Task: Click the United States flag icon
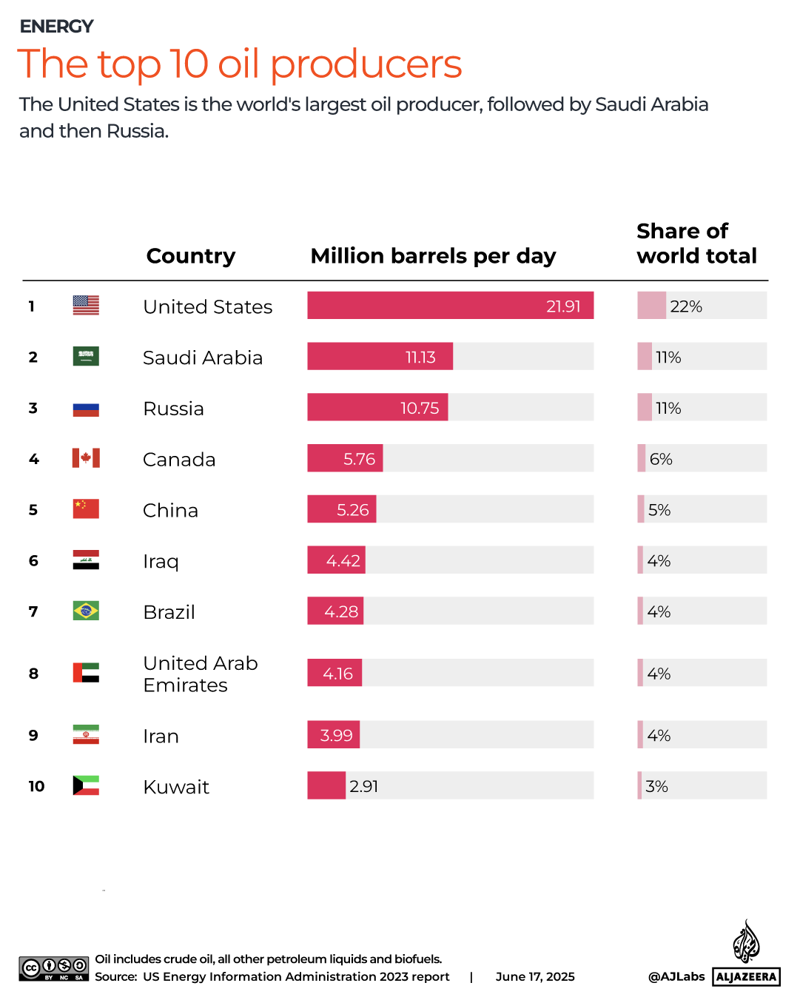[86, 305]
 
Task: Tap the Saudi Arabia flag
[86, 356]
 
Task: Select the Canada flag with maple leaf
[86, 458]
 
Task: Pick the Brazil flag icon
[86, 611]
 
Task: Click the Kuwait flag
[86, 785]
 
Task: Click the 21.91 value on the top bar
[563, 306]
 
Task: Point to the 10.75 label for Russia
[420, 408]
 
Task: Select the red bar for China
[341, 509]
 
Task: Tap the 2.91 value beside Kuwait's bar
[364, 786]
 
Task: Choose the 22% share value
[686, 306]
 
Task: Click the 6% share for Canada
[661, 459]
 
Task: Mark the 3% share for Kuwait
[656, 786]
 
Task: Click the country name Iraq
[161, 561]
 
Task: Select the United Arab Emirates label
[201, 674]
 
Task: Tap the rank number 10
[36, 786]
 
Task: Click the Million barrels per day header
[433, 255]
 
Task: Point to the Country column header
[191, 255]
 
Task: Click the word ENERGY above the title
[56, 27]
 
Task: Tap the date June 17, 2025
[535, 976]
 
